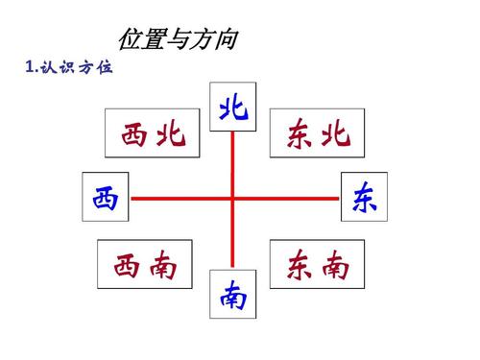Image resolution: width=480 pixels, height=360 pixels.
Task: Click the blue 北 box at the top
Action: [x=232, y=108]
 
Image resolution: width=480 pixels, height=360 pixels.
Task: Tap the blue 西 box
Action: [x=106, y=198]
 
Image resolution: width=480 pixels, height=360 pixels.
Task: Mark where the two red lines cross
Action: [x=233, y=199]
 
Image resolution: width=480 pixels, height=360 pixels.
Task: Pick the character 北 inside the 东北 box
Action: [x=335, y=135]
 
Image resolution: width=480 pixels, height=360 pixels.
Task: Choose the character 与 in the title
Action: [x=177, y=40]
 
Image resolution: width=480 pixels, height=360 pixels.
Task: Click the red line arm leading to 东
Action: [x=288, y=199]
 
